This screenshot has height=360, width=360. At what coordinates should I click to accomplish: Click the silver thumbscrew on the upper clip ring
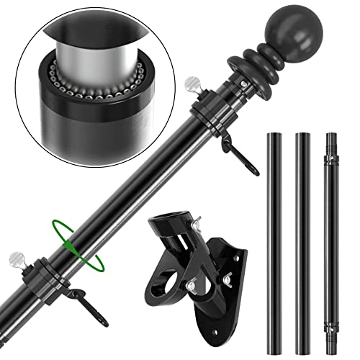[x=192, y=85]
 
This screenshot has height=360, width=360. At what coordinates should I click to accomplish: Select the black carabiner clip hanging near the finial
[x=230, y=144]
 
